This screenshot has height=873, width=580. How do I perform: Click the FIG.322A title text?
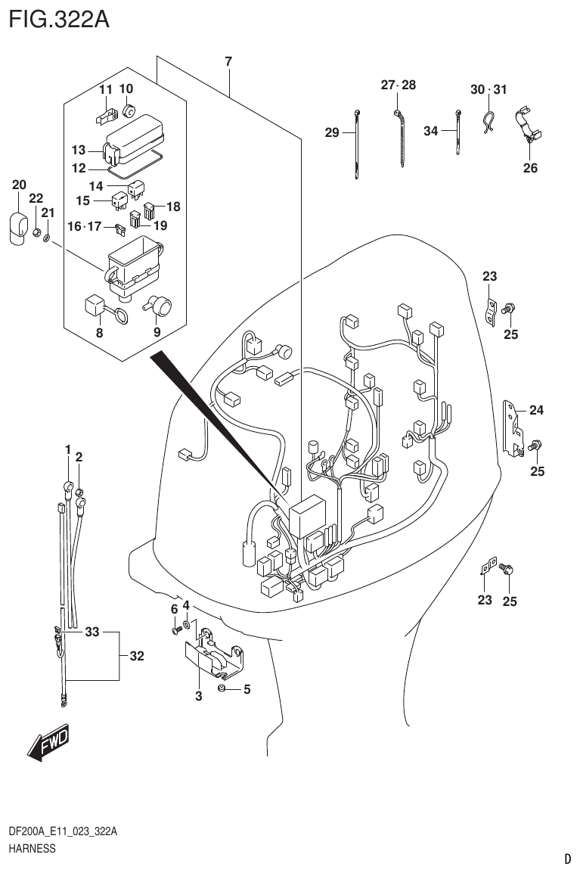[58, 18]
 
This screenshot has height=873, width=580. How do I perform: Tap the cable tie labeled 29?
[356, 144]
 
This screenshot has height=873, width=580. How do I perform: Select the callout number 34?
[430, 132]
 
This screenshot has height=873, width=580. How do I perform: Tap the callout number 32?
[136, 657]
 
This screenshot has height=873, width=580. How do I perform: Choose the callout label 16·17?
[85, 225]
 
